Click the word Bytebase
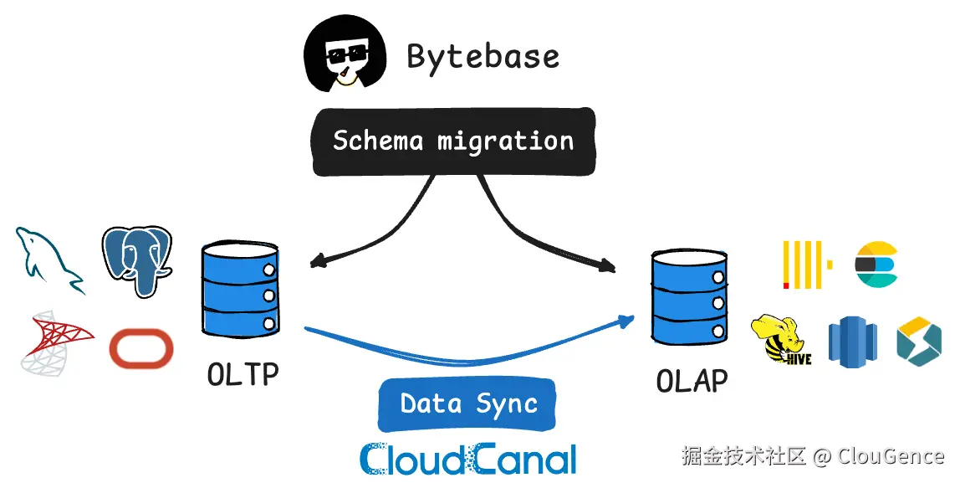[x=483, y=56]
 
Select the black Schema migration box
[x=454, y=141]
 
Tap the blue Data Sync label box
[x=467, y=404]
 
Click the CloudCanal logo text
[x=468, y=460]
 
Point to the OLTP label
[x=243, y=374]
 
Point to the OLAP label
[x=692, y=381]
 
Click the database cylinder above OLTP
[x=240, y=289]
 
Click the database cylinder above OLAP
[x=689, y=297]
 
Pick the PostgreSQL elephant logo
[x=136, y=260]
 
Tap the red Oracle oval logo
[x=140, y=348]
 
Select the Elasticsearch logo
[x=876, y=265]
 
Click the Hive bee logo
[x=781, y=341]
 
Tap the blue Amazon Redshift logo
[x=853, y=342]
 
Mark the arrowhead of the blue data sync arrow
[x=626, y=321]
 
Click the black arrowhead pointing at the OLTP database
[x=317, y=262]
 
